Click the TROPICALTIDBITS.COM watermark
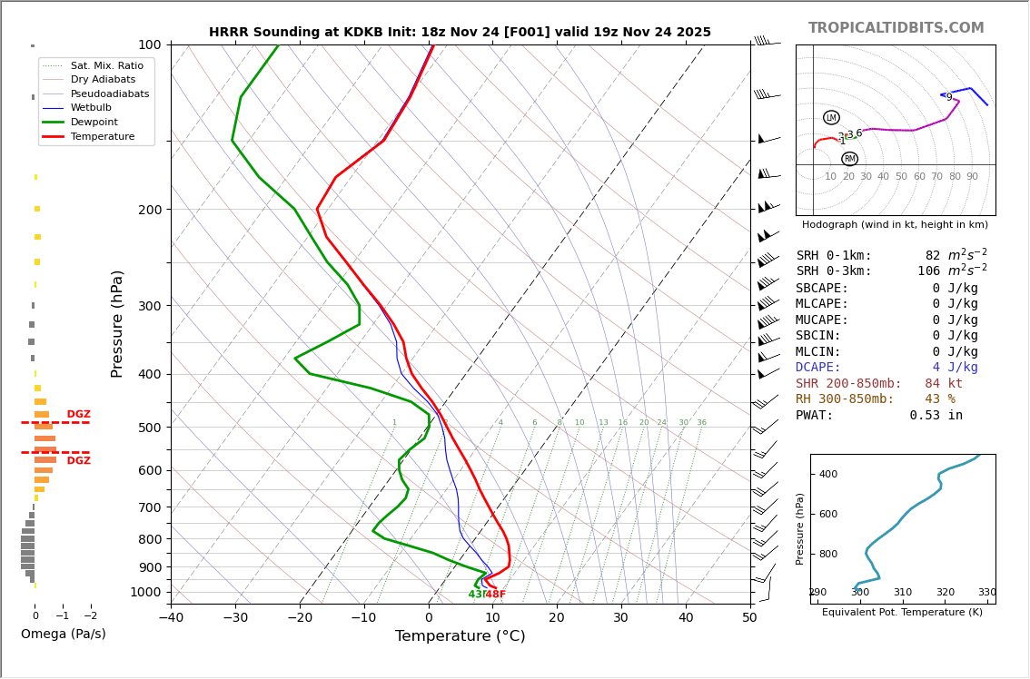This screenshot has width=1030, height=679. click(x=896, y=28)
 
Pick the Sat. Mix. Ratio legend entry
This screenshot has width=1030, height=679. click(x=106, y=65)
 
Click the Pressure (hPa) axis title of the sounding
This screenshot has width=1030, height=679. click(x=117, y=323)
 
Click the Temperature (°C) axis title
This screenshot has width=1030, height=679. click(x=460, y=636)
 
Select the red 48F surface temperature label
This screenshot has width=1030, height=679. click(x=495, y=595)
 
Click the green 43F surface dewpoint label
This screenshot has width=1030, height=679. click(x=478, y=595)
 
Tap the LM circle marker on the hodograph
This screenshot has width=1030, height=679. click(x=831, y=117)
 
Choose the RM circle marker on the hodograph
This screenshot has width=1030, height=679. click(x=849, y=159)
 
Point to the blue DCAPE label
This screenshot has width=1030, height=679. click(x=818, y=368)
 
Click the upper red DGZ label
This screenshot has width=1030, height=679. click(x=78, y=415)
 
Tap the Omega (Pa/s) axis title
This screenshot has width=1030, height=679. click(x=63, y=635)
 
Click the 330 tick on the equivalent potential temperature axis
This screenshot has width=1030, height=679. click(x=986, y=593)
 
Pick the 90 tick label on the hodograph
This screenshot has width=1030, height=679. click(x=972, y=177)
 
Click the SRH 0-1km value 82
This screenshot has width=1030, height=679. click(x=933, y=256)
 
